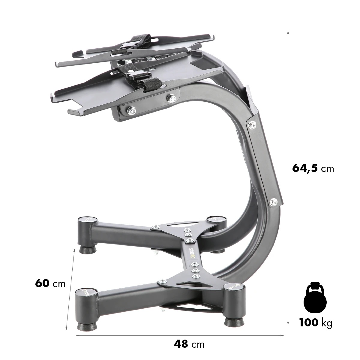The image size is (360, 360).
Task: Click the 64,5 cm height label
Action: coord(313,168)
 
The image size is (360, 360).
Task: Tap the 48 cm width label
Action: coord(189,343)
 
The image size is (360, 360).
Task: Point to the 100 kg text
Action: coord(316,323)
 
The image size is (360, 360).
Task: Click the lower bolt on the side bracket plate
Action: coord(273,202)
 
